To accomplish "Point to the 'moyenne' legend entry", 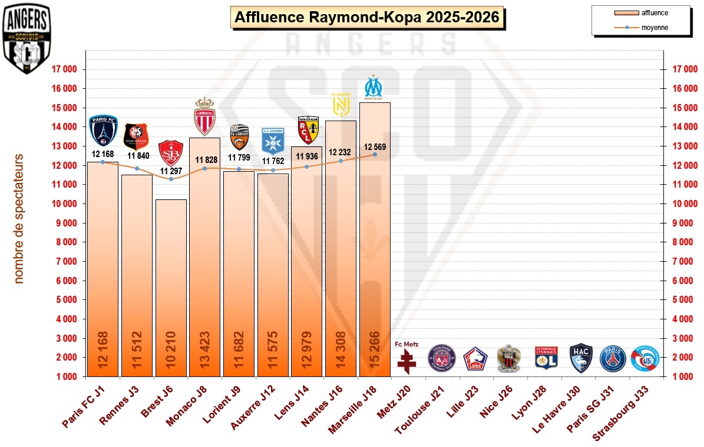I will (655, 28).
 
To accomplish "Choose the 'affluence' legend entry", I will (655, 12).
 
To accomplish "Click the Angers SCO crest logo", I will (27, 39).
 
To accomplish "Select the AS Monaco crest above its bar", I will (205, 116).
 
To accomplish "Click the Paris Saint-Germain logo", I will (612, 358).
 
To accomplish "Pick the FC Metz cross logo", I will (406, 361).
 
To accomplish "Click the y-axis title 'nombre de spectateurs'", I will (19, 218).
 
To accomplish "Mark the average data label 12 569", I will (375, 147).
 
